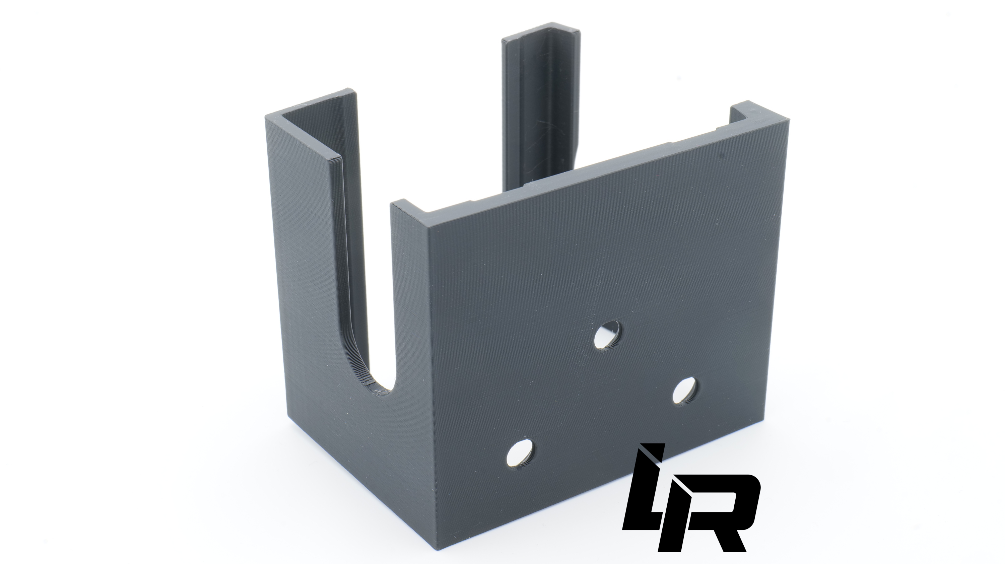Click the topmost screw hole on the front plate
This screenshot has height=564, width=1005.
click(x=608, y=334)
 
